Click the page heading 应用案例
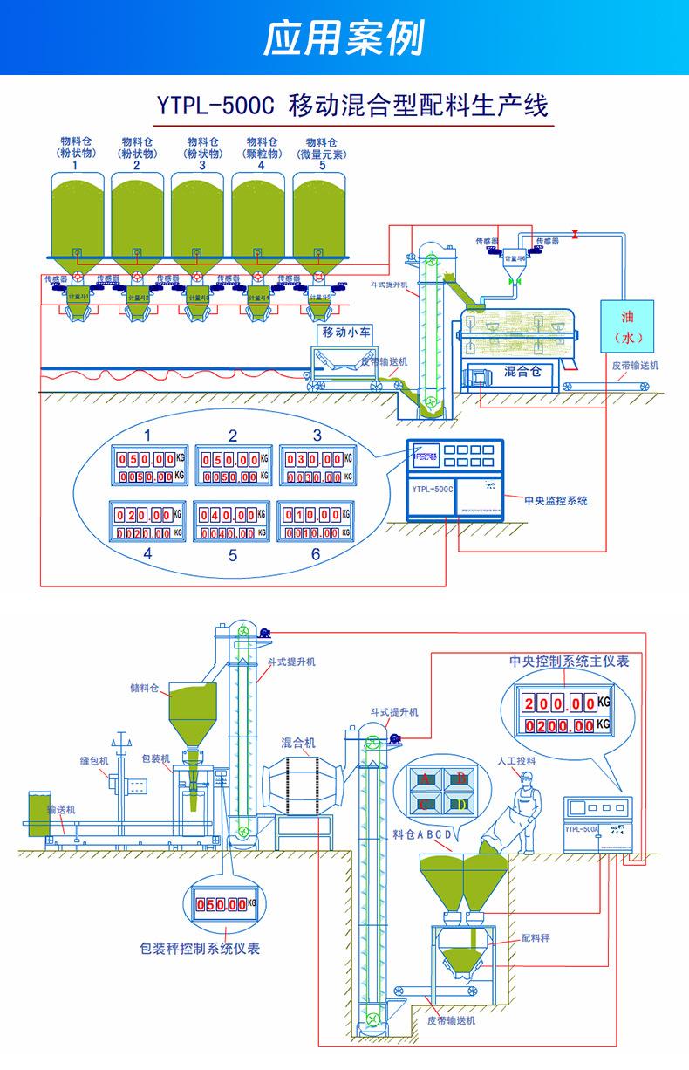click(344, 38)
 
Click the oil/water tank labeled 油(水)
click(628, 325)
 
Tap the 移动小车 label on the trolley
click(345, 332)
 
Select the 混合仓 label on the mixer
click(522, 371)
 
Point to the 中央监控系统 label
click(555, 501)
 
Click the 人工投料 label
click(516, 760)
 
